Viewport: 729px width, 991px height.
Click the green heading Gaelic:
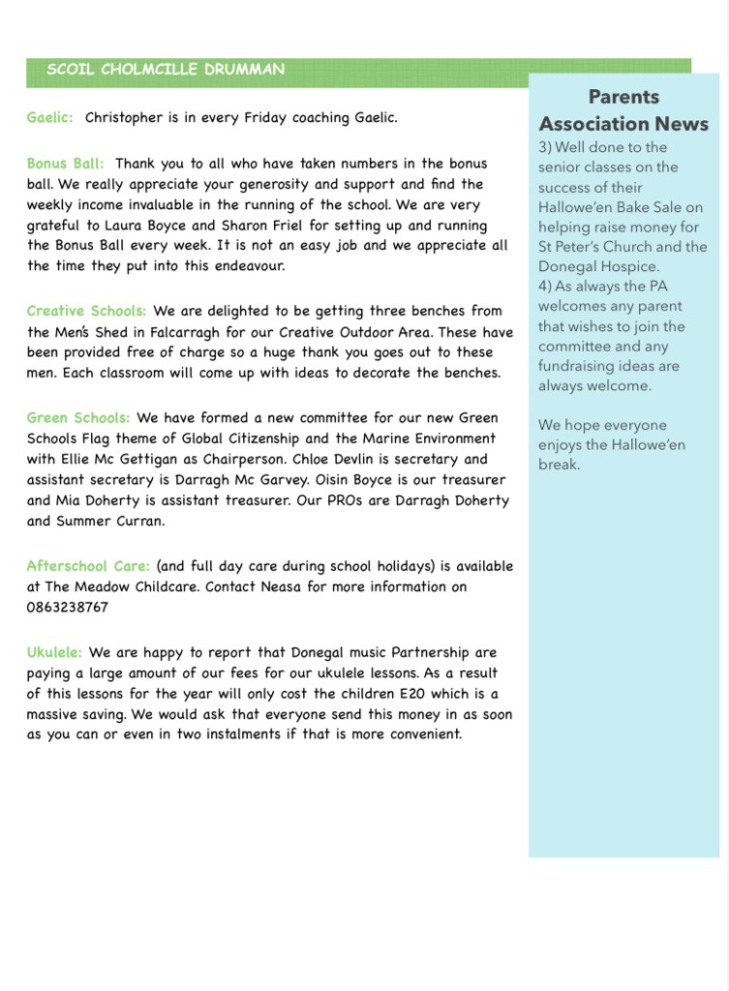tap(50, 117)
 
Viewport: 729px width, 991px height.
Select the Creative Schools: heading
tap(86, 311)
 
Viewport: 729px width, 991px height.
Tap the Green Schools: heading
tap(77, 418)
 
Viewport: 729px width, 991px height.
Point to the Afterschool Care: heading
tap(88, 566)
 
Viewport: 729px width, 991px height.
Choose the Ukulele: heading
tap(54, 653)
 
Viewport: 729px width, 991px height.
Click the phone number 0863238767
tap(68, 607)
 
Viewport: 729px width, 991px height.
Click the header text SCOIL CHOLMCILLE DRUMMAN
tap(166, 70)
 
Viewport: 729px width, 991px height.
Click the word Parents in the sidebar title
tap(623, 97)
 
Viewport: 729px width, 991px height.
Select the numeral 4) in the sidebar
tap(548, 287)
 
